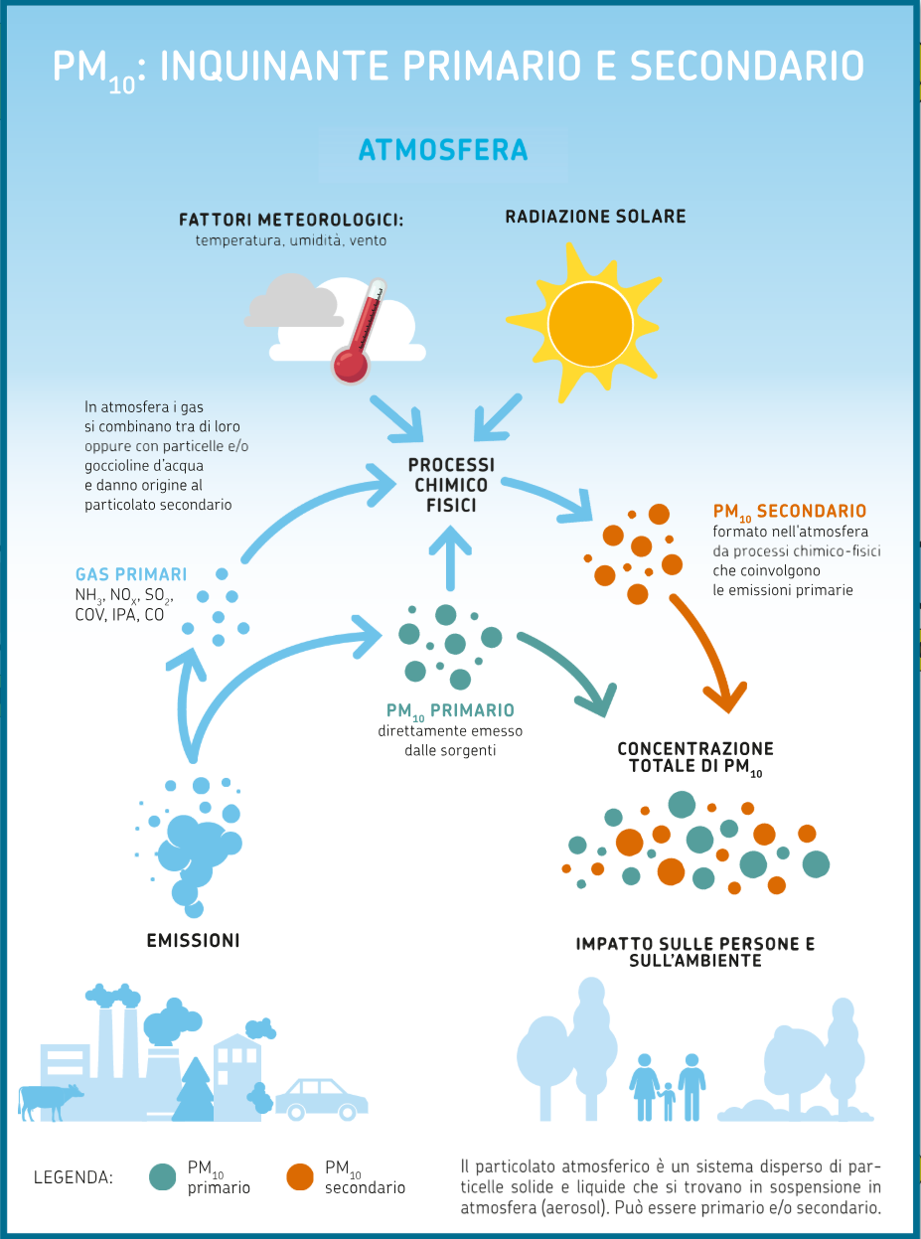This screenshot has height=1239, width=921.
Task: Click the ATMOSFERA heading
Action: click(x=443, y=150)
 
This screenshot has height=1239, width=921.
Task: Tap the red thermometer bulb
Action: click(x=351, y=366)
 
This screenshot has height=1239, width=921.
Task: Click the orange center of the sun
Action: click(x=590, y=325)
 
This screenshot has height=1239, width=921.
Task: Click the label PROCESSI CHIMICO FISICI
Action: click(x=451, y=485)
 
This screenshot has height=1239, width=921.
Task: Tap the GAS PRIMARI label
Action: click(x=131, y=574)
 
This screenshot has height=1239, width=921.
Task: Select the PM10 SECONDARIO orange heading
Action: click(x=790, y=511)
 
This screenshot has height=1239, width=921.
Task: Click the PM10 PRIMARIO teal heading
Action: click(x=450, y=710)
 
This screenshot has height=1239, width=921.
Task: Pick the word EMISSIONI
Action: click(x=194, y=941)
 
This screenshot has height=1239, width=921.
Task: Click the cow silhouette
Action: click(x=51, y=1102)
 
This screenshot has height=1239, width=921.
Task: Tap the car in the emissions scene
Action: click(x=322, y=1099)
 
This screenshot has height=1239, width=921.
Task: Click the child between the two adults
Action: click(x=668, y=1102)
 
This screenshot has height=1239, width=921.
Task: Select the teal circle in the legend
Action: click(x=163, y=1177)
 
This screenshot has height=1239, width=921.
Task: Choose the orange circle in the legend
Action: click(x=300, y=1177)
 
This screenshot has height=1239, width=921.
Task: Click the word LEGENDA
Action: click(x=74, y=1177)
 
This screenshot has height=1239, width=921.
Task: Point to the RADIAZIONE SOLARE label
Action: click(x=595, y=217)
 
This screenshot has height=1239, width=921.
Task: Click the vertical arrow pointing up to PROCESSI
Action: click(x=450, y=557)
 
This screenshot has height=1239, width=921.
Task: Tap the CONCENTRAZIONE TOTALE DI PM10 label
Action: click(x=695, y=758)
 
